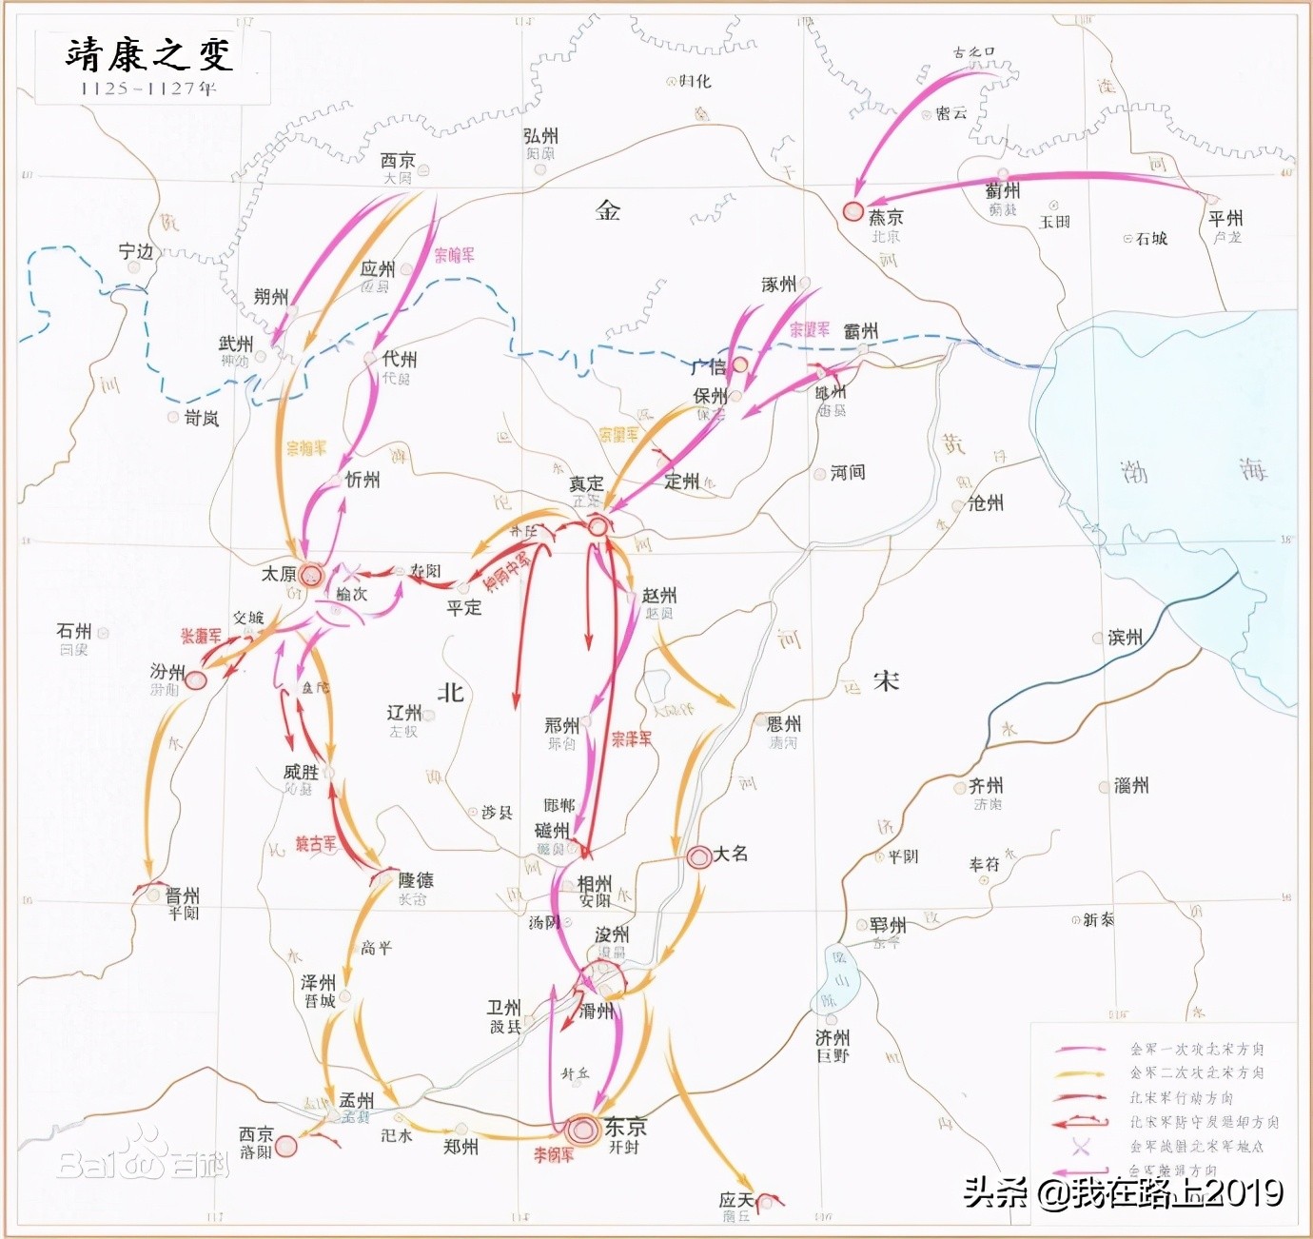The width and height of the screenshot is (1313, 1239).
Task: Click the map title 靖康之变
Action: [149, 54]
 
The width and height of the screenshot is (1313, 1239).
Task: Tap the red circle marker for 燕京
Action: [853, 212]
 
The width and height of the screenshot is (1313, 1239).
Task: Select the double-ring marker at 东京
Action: [582, 1130]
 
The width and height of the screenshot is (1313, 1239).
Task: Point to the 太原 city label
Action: [279, 574]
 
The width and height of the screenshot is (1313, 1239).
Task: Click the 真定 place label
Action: [586, 483]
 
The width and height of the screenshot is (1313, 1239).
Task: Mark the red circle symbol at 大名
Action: [699, 856]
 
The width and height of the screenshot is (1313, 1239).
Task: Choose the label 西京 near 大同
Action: [398, 161]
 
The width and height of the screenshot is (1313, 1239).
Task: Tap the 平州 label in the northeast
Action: [1225, 218]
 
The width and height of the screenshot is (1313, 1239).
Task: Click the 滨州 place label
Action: [1126, 637]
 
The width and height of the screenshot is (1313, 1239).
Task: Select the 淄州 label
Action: [1131, 785]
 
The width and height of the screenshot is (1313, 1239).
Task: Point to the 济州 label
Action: [833, 1037]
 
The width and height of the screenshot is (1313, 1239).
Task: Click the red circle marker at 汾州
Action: [195, 680]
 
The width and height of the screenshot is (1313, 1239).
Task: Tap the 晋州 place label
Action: [183, 895]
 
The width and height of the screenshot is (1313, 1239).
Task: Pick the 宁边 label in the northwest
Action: [136, 251]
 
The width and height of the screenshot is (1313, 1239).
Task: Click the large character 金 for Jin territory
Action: [608, 210]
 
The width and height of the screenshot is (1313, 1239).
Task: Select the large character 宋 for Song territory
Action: [886, 680]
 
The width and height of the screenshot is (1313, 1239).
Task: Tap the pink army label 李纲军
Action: [553, 1155]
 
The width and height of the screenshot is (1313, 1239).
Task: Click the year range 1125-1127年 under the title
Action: [148, 88]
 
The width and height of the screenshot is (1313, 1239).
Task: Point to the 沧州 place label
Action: [986, 502]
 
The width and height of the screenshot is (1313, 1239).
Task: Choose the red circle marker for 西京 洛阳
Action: [285, 1146]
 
